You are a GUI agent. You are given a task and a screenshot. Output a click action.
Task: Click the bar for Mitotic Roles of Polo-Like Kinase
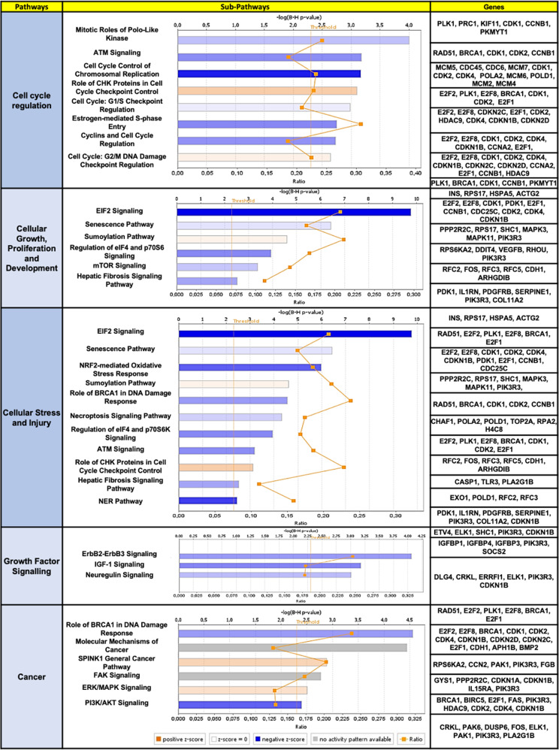click(x=293, y=40)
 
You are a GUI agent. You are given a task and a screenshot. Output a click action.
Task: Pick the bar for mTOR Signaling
click(x=217, y=267)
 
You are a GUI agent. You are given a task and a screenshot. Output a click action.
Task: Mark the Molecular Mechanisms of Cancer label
click(x=113, y=642)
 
